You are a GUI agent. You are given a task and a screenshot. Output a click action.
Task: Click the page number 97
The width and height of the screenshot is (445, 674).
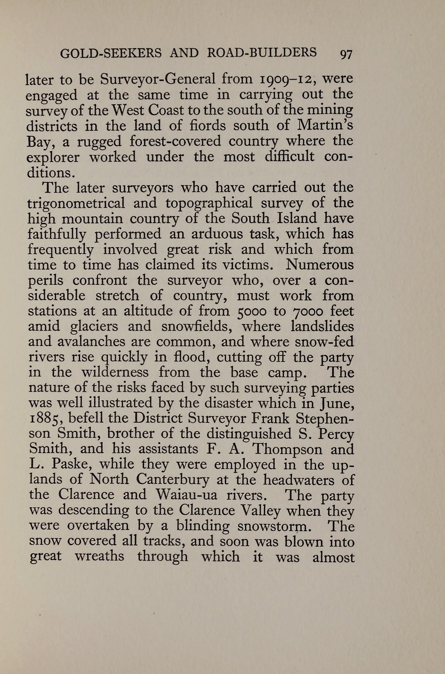(x=346, y=54)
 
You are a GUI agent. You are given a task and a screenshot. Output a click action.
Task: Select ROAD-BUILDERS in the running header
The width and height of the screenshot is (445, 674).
(x=262, y=53)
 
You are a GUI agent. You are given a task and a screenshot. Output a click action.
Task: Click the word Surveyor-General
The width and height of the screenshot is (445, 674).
(x=158, y=79)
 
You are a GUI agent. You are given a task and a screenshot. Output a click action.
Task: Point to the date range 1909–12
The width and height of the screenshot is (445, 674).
(x=287, y=79)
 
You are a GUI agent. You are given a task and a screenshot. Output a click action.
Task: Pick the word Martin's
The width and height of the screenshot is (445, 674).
(x=325, y=126)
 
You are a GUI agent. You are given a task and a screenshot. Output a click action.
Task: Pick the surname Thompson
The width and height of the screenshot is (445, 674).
(x=288, y=449)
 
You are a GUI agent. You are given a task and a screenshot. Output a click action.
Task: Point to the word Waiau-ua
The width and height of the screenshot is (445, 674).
(x=186, y=495)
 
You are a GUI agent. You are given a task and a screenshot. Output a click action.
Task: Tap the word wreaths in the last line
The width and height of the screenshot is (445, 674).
(x=99, y=556)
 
